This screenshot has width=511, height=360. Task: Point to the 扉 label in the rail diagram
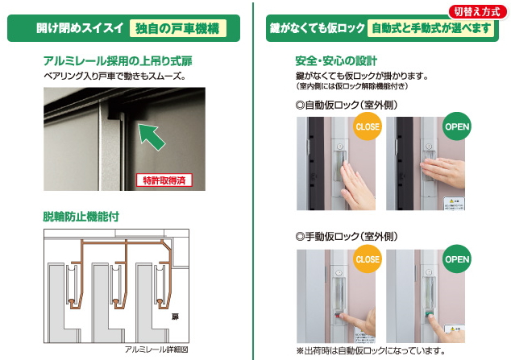[173, 318]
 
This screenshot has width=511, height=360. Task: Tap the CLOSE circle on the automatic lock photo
[367, 126]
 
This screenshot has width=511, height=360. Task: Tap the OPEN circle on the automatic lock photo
[457, 126]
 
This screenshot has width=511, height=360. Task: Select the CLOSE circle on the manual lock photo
[367, 260]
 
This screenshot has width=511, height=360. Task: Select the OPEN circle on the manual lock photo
[457, 260]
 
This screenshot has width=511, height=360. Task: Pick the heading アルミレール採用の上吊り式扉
[118, 61]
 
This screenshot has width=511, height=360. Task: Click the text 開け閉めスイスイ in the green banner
[80, 28]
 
